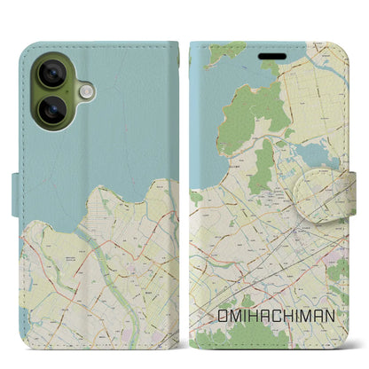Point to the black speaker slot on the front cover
[x=271, y=62]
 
